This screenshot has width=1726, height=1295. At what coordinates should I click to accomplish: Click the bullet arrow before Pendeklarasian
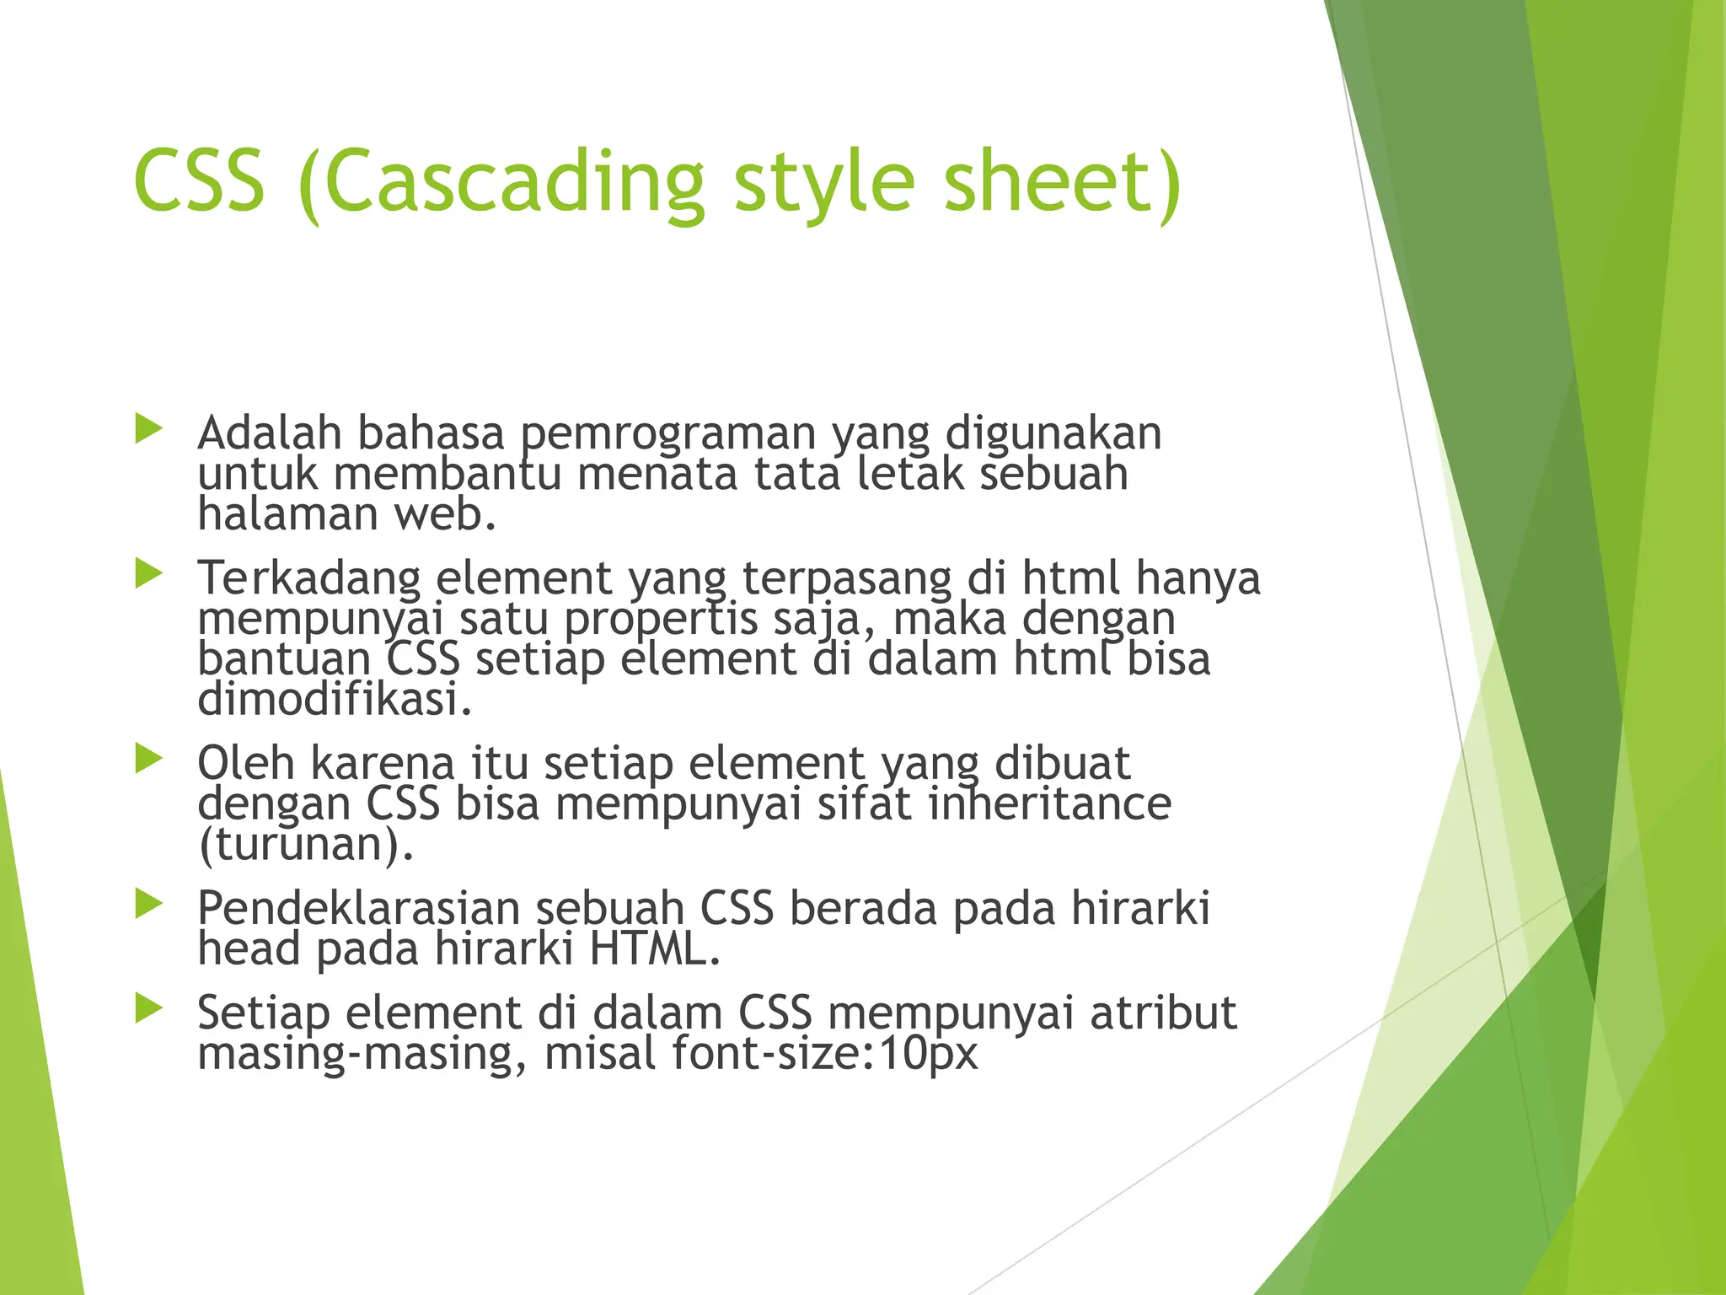pyautogui.click(x=148, y=905)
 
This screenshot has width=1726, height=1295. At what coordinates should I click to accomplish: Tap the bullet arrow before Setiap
pyautogui.click(x=148, y=1008)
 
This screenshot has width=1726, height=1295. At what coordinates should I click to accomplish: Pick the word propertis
pyautogui.click(x=661, y=620)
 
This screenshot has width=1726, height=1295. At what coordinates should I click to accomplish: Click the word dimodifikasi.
pyautogui.click(x=335, y=700)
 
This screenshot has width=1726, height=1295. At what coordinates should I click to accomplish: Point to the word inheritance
pyautogui.click(x=1049, y=803)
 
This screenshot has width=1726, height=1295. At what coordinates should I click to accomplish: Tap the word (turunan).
pyautogui.click(x=306, y=845)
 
